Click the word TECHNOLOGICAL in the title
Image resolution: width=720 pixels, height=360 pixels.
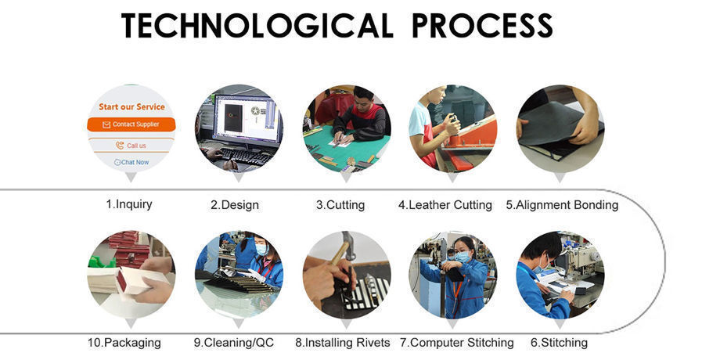pyautogui.click(x=257, y=25)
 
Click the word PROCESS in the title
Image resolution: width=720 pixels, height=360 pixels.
pyautogui.click(x=481, y=25)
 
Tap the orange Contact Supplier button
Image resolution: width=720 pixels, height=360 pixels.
pyautogui.click(x=131, y=124)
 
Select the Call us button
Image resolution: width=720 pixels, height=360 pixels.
pyautogui.click(x=131, y=145)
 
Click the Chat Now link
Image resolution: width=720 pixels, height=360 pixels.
pyautogui.click(x=131, y=162)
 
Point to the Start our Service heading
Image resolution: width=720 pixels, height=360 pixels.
pyautogui.click(x=131, y=106)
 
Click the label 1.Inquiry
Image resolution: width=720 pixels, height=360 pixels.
pyautogui.click(x=129, y=204)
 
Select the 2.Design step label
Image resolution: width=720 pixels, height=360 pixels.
pyautogui.click(x=235, y=205)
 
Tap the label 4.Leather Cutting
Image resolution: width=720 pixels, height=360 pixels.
pyautogui.click(x=445, y=205)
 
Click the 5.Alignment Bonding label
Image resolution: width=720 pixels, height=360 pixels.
pyautogui.click(x=562, y=205)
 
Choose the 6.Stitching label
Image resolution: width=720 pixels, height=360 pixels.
pyautogui.click(x=559, y=343)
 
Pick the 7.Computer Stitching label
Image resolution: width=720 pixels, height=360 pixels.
pyautogui.click(x=456, y=343)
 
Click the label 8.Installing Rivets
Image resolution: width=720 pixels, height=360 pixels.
pyautogui.click(x=343, y=343)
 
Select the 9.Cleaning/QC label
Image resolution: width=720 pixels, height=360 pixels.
pyautogui.click(x=234, y=343)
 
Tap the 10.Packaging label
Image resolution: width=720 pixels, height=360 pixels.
pyautogui.click(x=124, y=343)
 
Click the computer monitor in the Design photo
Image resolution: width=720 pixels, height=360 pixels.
pyautogui.click(x=247, y=119)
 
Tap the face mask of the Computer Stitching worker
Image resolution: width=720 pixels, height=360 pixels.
pyautogui.click(x=462, y=257)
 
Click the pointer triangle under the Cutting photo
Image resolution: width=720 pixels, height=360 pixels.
pyautogui.click(x=346, y=177)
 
